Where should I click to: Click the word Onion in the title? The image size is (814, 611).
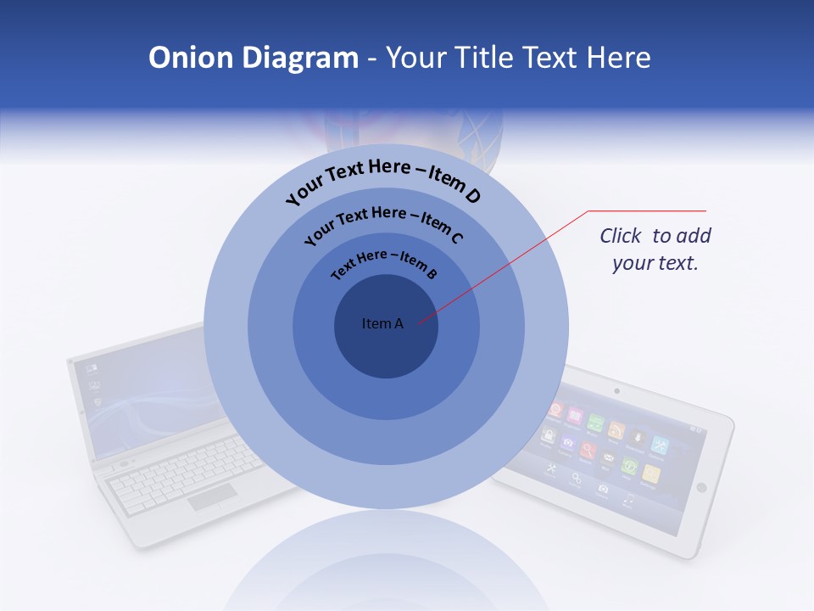pyautogui.click(x=180, y=58)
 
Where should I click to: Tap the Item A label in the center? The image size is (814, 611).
pyautogui.click(x=382, y=323)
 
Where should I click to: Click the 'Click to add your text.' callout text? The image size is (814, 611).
pyautogui.click(x=655, y=249)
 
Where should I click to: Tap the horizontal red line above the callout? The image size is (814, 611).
pyautogui.click(x=647, y=210)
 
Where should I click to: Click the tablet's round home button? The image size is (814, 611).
pyautogui.click(x=701, y=487)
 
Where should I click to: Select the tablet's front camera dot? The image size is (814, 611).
pyautogui.click(x=616, y=391)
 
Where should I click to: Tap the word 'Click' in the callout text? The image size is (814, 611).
pyautogui.click(x=622, y=236)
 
